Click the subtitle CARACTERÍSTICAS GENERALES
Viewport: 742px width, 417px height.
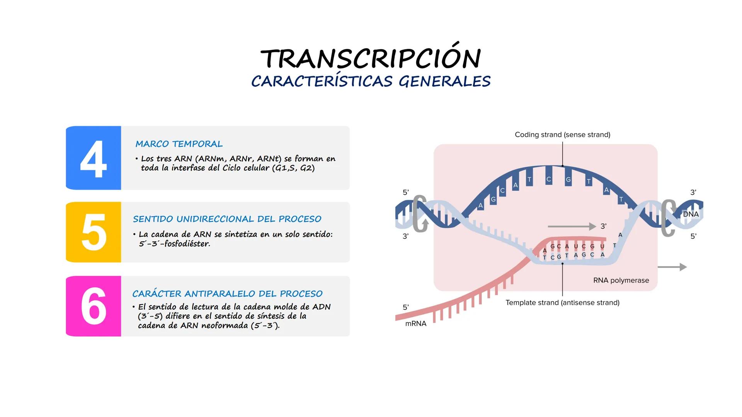[371, 81]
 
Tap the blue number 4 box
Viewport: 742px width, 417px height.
[94, 158]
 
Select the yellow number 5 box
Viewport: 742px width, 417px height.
[94, 232]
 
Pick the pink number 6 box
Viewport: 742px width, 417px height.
[94, 306]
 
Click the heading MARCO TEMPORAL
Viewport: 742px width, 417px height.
[179, 144]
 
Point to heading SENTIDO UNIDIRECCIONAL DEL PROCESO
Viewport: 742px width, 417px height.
[227, 219]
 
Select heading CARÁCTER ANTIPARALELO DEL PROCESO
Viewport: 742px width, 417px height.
[227, 293]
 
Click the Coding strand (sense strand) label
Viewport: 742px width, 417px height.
[563, 135]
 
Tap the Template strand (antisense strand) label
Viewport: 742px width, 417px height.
[563, 303]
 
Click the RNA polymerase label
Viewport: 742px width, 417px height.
[621, 280]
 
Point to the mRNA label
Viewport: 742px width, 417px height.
[416, 324]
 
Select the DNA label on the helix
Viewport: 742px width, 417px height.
[691, 214]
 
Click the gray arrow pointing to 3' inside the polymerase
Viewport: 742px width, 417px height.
[572, 226]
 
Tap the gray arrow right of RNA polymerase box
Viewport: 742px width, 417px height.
[672, 267]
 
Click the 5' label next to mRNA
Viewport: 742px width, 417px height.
[406, 307]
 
